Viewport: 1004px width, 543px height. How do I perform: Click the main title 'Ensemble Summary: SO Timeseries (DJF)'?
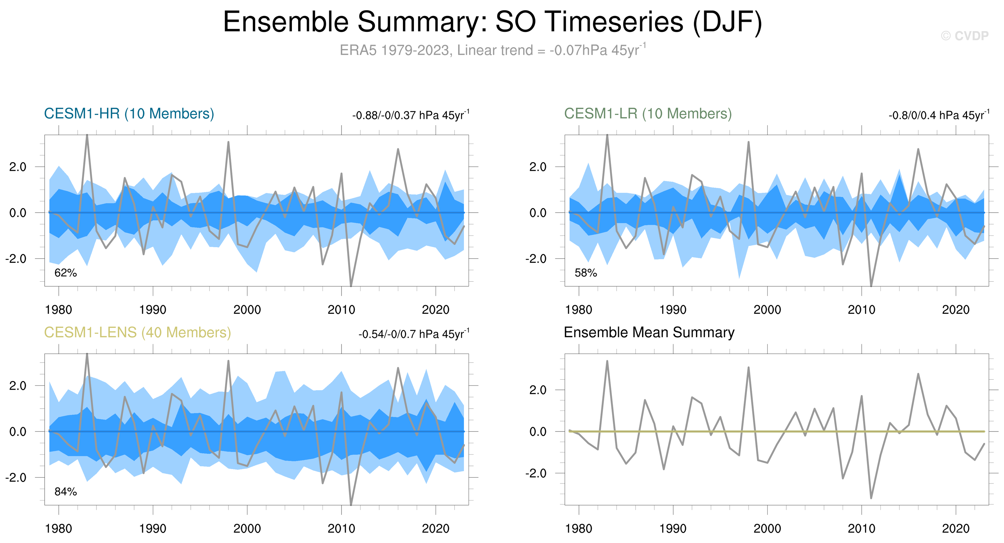492,22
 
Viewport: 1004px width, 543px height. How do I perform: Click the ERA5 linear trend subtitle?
492,50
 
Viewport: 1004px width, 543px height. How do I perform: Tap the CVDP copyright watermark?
964,36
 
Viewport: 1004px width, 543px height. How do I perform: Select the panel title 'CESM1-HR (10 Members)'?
129,114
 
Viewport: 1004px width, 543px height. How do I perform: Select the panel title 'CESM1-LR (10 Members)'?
648,114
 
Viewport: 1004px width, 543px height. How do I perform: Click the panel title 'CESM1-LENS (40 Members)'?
137,333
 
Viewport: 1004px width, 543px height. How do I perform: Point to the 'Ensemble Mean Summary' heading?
649,333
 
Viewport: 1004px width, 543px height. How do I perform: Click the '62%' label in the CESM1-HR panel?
65,273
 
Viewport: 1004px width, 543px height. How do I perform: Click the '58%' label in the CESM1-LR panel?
585,273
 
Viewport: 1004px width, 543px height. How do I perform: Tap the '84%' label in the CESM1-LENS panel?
65,492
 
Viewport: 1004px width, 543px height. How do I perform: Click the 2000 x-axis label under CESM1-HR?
247,310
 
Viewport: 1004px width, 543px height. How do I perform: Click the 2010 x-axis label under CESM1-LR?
861,310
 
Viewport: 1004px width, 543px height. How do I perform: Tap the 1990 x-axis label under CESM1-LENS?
153,529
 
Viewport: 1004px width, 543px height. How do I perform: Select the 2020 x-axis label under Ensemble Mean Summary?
956,529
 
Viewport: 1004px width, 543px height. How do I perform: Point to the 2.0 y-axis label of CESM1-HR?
18,167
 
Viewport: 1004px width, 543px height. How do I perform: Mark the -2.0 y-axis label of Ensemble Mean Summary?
536,473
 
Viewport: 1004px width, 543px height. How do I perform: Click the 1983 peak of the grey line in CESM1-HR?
87,136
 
